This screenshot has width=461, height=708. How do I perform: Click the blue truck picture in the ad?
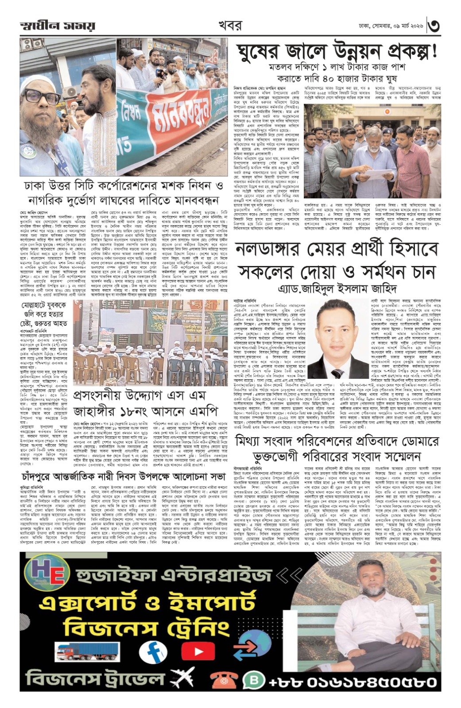(x=88, y=652)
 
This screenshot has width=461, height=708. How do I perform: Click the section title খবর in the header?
(x=230, y=26)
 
